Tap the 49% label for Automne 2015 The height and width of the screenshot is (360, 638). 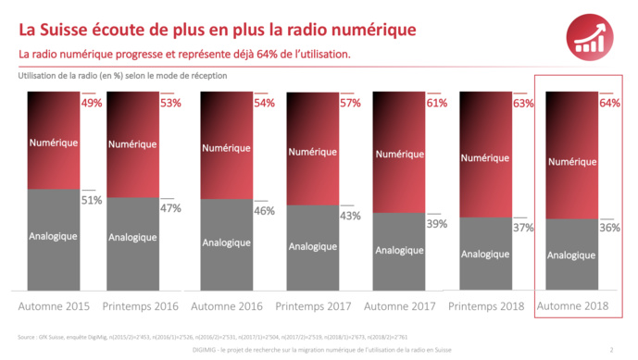click(92, 103)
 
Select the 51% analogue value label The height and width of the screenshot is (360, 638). click(92, 200)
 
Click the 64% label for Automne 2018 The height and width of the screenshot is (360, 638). click(609, 104)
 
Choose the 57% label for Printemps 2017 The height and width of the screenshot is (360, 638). click(350, 103)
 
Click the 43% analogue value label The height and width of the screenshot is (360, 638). click(350, 216)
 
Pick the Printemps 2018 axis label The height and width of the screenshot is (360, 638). click(486, 305)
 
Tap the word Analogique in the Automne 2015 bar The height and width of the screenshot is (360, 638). click(52, 236)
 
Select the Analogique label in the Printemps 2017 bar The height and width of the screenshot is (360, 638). click(312, 246)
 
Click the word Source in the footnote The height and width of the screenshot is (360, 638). click(29, 338)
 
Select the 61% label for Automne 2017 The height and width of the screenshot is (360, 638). click(436, 103)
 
